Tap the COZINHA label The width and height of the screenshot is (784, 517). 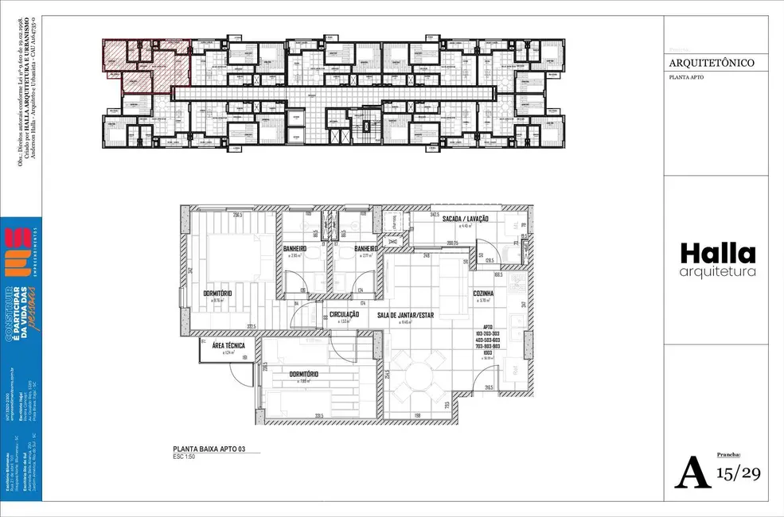pos(483,293)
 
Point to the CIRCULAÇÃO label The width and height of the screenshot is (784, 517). pos(345,315)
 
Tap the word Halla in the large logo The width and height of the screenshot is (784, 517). pos(717,254)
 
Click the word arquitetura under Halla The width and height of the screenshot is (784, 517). pos(717,273)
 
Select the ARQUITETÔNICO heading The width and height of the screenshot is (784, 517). pos(712,63)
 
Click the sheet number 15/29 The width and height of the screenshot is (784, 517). pos(739,473)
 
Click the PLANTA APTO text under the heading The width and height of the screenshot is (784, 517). pos(685,78)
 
